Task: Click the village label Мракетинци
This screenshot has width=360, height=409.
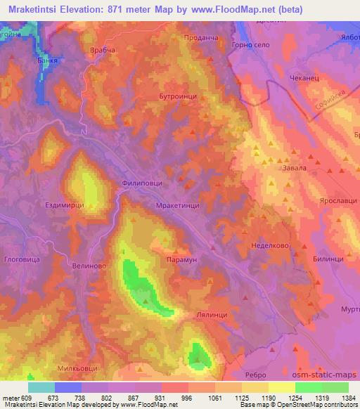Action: pyautogui.click(x=176, y=206)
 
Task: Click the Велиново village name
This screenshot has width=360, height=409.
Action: pyautogui.click(x=89, y=266)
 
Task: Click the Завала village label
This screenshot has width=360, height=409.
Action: pyautogui.click(x=274, y=167)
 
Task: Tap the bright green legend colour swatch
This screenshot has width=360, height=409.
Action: pyautogui.click(x=308, y=387)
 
